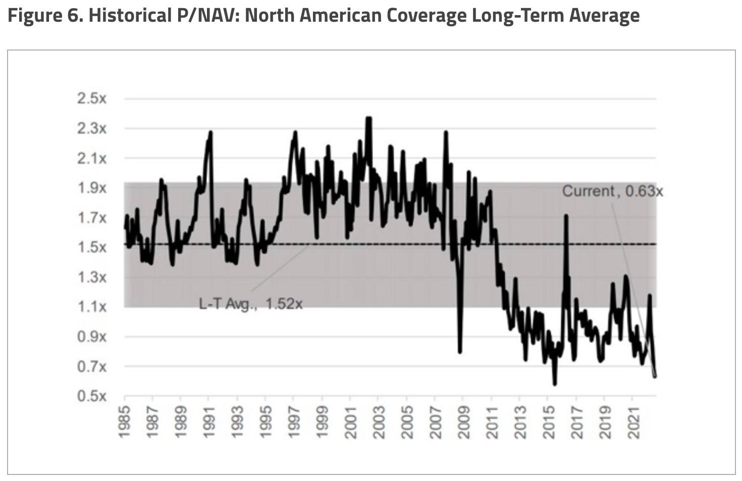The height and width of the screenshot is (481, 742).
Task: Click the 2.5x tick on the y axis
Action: (92, 99)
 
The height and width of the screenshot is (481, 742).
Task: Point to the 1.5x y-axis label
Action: (92, 248)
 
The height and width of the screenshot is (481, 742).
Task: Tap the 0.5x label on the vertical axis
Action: (92, 396)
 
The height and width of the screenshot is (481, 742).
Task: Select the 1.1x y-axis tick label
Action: (92, 307)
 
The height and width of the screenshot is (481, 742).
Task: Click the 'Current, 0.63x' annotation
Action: (612, 191)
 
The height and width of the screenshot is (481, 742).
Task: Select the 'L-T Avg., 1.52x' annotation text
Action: (251, 304)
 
